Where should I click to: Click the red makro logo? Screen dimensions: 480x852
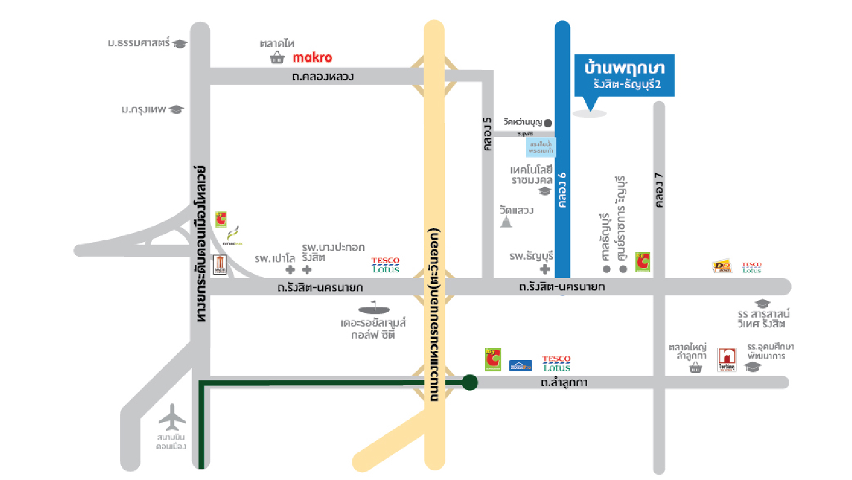click(312, 58)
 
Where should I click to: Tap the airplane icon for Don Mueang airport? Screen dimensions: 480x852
click(172, 417)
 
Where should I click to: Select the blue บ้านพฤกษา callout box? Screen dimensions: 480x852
click(624, 75)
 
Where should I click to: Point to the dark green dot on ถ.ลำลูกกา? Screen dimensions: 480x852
click(469, 382)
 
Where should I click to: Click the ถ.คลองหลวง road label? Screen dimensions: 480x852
click(322, 77)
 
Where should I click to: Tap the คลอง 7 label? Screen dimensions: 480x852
click(659, 190)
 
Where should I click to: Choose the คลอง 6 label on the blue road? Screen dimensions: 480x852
click(562, 190)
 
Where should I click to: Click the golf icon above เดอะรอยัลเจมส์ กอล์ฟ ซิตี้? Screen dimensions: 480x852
click(374, 308)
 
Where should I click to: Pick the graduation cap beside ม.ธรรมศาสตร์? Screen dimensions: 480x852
click(180, 44)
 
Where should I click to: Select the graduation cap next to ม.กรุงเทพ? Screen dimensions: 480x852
click(176, 110)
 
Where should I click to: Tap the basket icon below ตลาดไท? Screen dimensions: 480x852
click(277, 58)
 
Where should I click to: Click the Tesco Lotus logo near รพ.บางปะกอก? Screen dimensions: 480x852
click(385, 265)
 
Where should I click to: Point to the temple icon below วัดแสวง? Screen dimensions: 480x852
click(506, 222)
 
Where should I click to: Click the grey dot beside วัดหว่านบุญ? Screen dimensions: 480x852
click(548, 123)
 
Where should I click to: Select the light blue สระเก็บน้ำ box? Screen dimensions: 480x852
click(541, 148)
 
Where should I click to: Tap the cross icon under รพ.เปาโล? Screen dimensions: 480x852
click(291, 270)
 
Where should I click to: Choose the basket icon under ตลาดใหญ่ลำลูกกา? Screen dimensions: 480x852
click(696, 368)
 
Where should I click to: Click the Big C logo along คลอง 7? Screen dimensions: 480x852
click(643, 262)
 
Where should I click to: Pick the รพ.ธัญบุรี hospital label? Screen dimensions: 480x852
click(531, 256)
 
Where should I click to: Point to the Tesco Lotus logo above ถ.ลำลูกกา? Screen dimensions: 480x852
click(556, 363)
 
